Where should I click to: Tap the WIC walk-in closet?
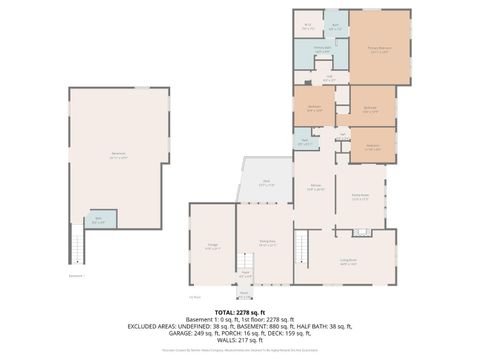(308, 26)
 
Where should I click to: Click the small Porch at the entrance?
(243, 294)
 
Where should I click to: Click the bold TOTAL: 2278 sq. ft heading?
(239, 311)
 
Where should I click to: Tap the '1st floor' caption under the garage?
(195, 297)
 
